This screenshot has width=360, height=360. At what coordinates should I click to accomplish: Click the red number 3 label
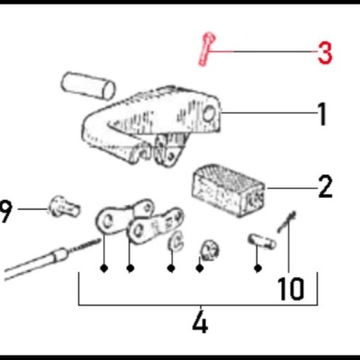(x=324, y=53)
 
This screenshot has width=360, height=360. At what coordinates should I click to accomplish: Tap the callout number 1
(x=321, y=114)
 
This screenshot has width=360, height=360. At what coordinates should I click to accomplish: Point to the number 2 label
(x=324, y=188)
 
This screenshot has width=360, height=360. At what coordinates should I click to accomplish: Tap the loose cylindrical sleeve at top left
(x=87, y=88)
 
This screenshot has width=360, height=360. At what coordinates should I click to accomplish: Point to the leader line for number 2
(x=288, y=188)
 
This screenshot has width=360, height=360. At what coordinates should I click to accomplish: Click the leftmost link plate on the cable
(x=110, y=220)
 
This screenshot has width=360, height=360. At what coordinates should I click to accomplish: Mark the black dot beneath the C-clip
(x=171, y=267)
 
